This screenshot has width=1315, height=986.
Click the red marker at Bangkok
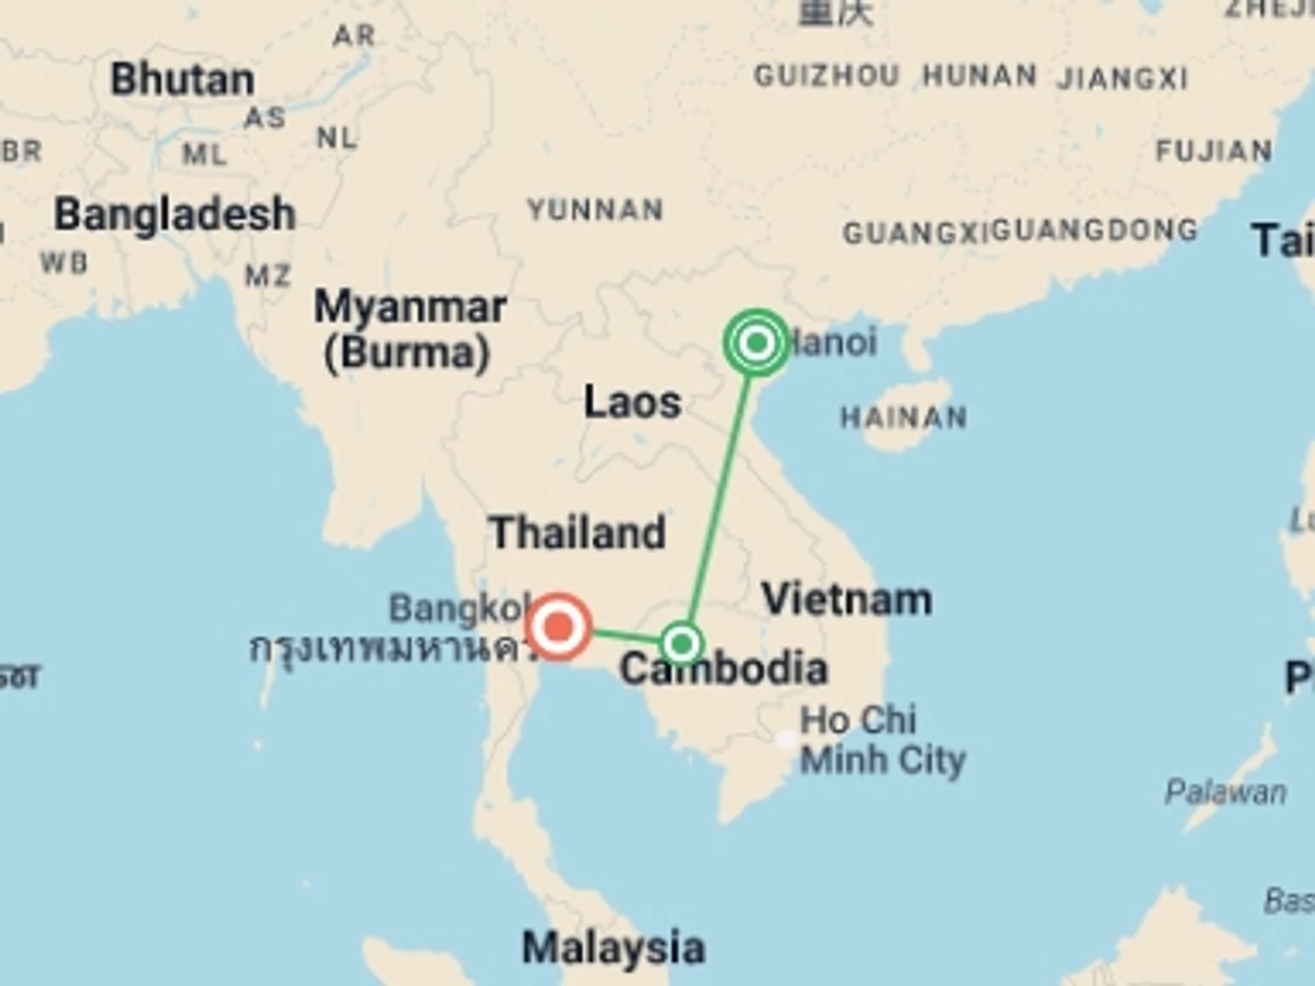pos(559,627)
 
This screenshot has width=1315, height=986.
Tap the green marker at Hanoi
pos(756,342)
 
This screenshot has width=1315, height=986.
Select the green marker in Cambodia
pos(681,644)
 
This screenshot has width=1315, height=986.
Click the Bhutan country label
pos(182,79)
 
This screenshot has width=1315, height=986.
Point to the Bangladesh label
pos(175,214)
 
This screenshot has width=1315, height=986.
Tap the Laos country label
pos(632,402)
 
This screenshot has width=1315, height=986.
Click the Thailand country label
pos(577,533)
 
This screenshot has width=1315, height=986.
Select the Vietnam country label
pos(847,599)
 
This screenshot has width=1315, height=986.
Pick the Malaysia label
pos(613,948)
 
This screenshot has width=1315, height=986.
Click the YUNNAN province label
pos(596,210)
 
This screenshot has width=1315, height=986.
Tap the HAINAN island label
pos(903,417)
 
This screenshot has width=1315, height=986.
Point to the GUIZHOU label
pos(826,75)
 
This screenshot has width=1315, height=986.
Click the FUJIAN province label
pos(1214,151)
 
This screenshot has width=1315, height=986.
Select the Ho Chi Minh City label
pos(882,740)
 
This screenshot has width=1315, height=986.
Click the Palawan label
pos(1225,792)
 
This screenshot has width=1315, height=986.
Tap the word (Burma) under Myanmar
pos(407,353)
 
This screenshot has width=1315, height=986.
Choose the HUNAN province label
pos(979,75)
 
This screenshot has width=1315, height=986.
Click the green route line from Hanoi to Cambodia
pos(719,493)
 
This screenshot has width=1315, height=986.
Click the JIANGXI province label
pos(1122,79)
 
